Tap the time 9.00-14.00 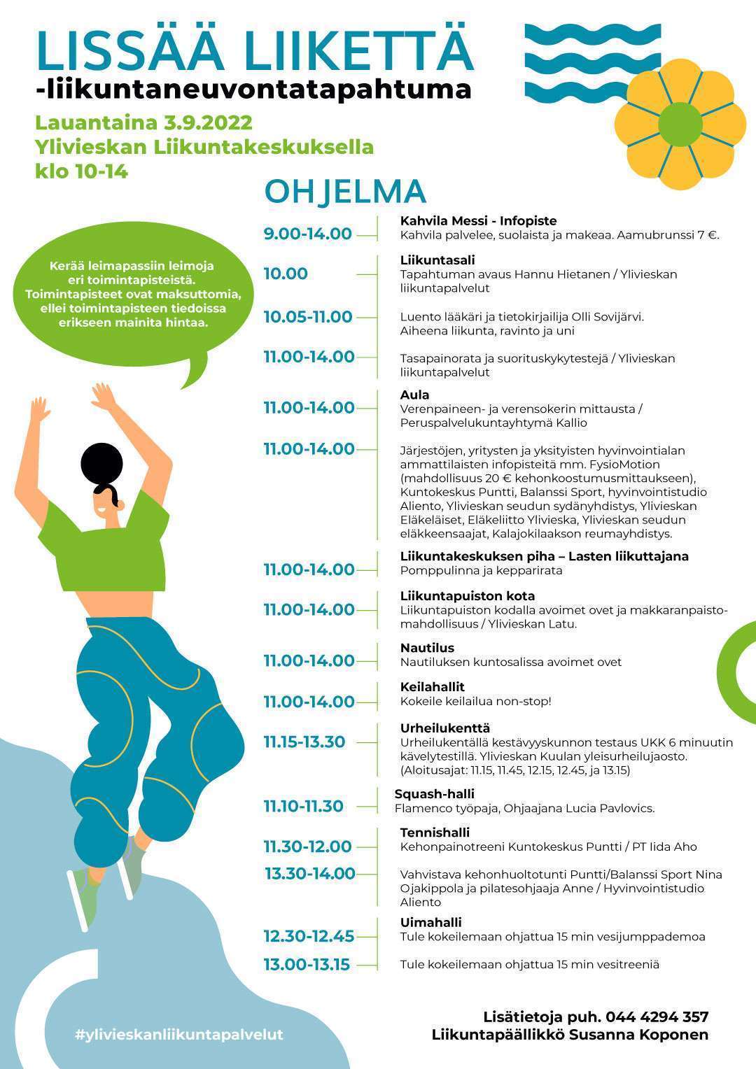[x=307, y=234]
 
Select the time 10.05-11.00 [x=307, y=317]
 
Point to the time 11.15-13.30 [x=304, y=742]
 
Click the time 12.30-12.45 [x=309, y=936]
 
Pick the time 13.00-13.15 [x=306, y=965]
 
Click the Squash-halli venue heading [x=434, y=794]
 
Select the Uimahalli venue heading [x=430, y=923]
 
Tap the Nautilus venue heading [x=427, y=648]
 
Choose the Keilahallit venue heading [x=432, y=687]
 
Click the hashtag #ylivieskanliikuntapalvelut [x=178, y=1035]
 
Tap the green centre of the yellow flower [x=680, y=125]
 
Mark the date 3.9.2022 [x=208, y=123]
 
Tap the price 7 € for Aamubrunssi [x=707, y=235]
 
